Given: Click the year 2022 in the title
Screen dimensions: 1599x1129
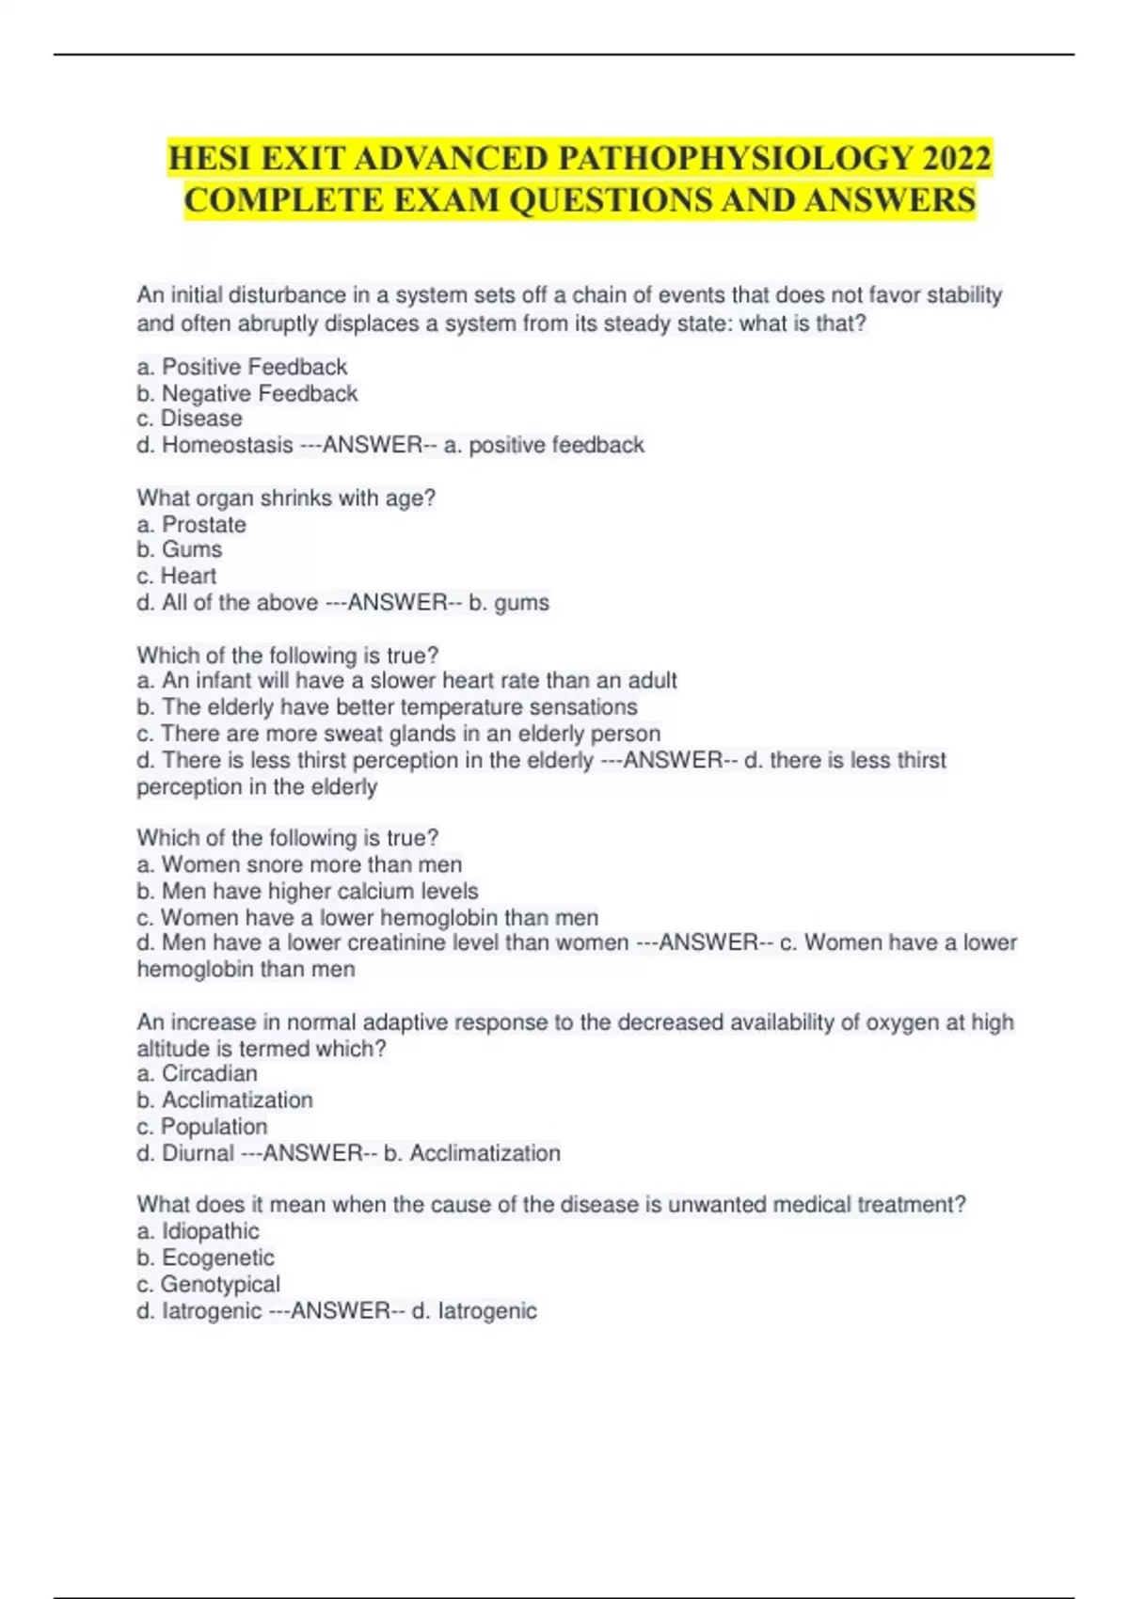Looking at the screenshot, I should point(957,158).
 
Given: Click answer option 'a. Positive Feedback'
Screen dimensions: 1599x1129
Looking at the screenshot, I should point(242,367).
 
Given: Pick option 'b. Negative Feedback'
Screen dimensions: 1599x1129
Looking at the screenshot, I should point(246,393).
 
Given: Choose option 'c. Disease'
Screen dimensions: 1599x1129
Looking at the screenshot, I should point(189,419).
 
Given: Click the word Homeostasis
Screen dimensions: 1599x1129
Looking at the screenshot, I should point(227,445).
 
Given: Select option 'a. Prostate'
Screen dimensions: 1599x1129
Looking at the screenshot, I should point(191,525).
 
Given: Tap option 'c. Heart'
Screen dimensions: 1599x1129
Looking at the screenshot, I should point(176,576).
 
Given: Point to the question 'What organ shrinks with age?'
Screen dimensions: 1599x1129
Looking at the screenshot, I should point(286,499).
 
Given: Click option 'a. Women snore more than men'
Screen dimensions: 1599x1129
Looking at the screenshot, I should point(299,864).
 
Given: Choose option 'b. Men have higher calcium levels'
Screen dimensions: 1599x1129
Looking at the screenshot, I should point(307,891).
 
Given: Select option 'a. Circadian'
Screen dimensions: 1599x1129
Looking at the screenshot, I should point(197,1073).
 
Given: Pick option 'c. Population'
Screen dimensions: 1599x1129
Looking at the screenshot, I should point(201,1127).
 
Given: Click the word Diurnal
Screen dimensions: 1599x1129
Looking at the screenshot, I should point(198,1153).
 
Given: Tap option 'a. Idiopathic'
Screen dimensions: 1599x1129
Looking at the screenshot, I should point(198,1231).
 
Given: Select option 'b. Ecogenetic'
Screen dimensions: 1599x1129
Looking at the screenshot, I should point(205,1258).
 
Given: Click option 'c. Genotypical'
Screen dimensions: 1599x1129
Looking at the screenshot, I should point(208,1284).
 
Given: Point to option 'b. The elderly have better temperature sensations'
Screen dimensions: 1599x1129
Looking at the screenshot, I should point(387,707).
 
